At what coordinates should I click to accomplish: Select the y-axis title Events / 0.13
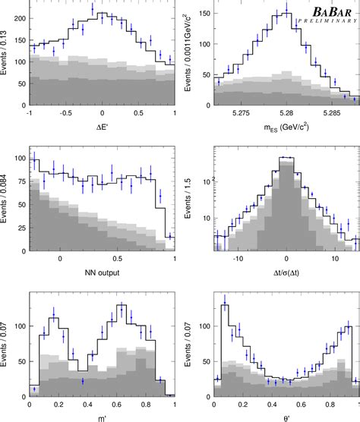point(7,72)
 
